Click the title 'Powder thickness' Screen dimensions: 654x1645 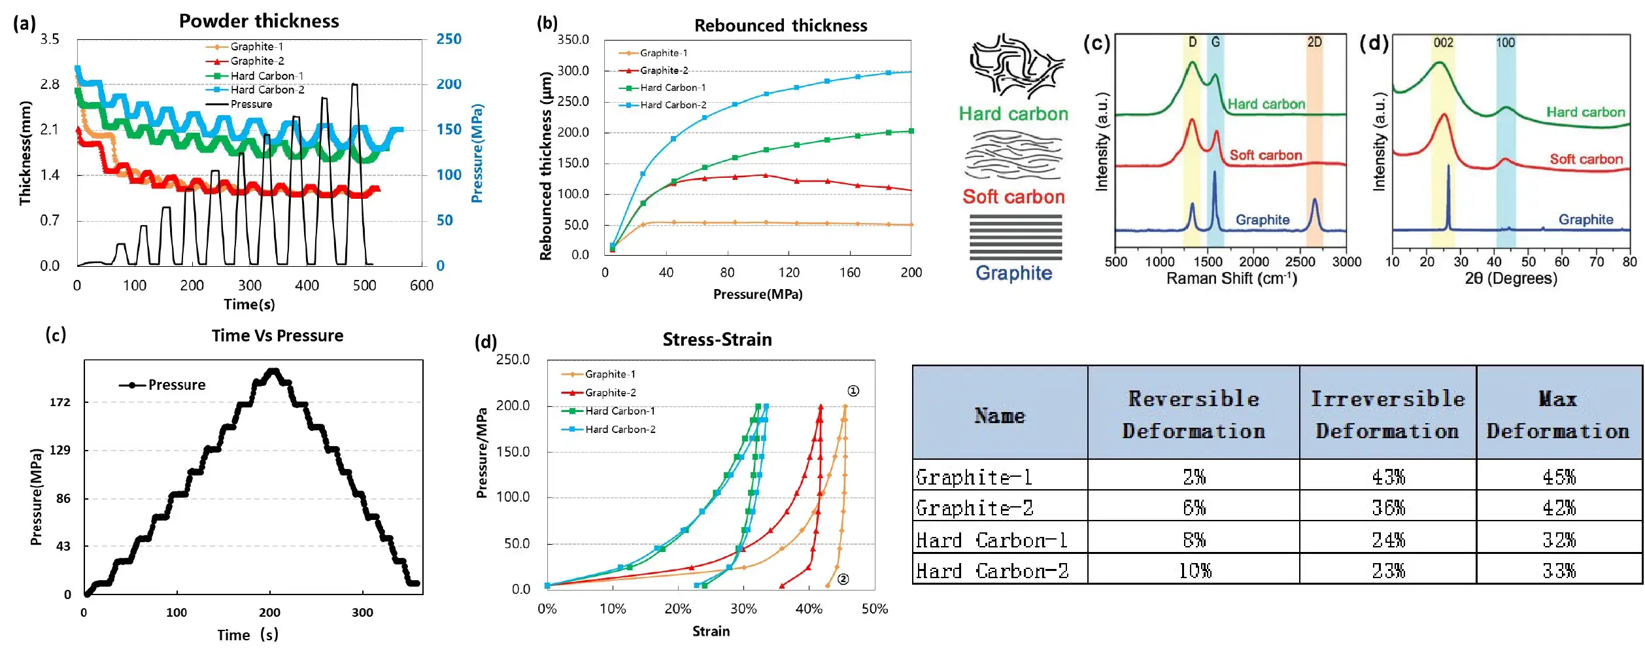tap(259, 21)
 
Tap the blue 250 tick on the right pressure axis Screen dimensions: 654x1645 tap(449, 39)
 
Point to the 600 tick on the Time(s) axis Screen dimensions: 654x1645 tap(422, 285)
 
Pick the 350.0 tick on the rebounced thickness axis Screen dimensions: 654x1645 tap(573, 40)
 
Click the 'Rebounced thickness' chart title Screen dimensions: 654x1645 tap(781, 26)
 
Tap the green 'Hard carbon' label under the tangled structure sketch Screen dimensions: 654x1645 tap(1013, 114)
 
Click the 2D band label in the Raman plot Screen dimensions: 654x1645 tap(1314, 43)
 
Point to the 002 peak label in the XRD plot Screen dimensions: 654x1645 tap(1443, 43)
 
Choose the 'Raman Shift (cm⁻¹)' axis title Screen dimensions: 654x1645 tap(1231, 279)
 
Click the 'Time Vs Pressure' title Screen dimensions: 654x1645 tap(277, 336)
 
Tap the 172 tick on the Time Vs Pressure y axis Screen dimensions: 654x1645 tap(60, 402)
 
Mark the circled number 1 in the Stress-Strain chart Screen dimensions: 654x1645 tap(853, 391)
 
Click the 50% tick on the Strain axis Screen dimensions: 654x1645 tap(874, 609)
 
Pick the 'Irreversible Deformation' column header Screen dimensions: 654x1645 tap(1387, 415)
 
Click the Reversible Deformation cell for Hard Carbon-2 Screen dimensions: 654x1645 tap(1194, 571)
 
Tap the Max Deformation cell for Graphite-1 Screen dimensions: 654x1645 tap(1559, 477)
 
